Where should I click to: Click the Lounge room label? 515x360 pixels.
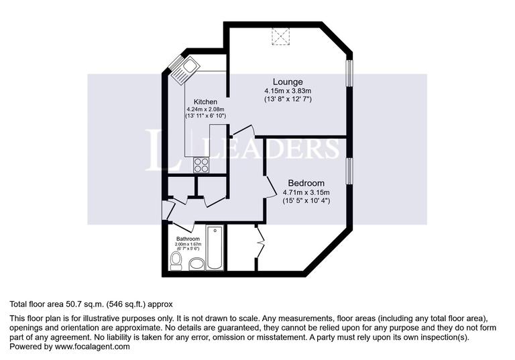pos(287,82)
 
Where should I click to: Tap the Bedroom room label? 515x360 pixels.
pos(306,183)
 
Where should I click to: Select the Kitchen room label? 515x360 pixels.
pos(205,102)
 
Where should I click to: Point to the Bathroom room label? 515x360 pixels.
pos(188,239)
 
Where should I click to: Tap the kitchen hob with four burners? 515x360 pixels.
pos(202,163)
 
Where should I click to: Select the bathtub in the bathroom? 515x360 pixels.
pos(215,249)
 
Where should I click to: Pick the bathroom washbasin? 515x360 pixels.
pos(195,264)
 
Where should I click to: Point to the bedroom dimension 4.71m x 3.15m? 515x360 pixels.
pos(306,192)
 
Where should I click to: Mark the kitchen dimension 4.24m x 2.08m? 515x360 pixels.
pos(205,109)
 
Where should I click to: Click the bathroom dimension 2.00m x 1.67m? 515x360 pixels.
pos(188,245)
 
